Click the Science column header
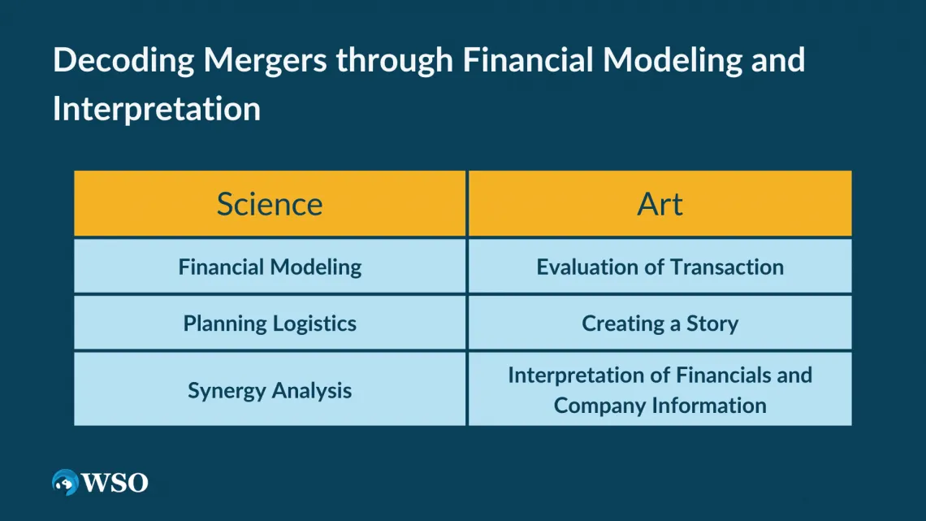point(270,204)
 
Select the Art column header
point(660,204)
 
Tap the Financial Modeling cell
point(270,267)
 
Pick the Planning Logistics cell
point(270,323)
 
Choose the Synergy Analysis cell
point(270,390)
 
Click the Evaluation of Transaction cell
point(660,267)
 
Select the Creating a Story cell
point(660,323)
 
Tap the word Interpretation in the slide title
point(157,109)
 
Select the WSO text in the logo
point(115,483)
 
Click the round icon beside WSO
point(65,483)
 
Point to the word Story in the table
point(712,323)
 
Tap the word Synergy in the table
point(227,390)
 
